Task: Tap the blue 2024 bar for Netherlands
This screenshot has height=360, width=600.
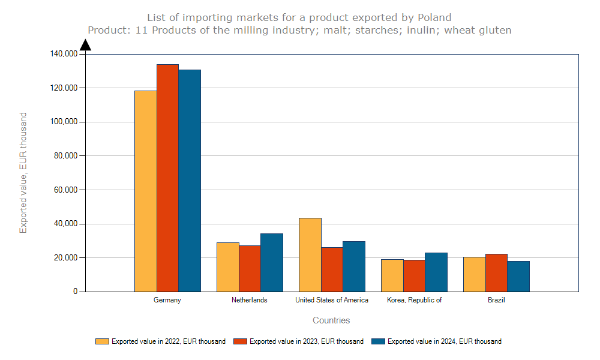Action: point(272,262)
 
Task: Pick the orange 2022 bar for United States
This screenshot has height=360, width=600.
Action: point(310,254)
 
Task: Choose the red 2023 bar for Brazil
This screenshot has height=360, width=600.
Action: point(496,272)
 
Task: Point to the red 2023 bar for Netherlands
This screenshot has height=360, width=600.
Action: point(250,268)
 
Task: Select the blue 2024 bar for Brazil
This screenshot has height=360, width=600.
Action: point(518,276)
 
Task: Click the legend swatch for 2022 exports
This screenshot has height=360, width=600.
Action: point(102,341)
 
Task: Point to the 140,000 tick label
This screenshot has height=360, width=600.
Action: point(64,54)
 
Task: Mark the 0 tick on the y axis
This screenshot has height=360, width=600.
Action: point(75,292)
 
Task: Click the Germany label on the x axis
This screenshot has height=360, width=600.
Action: point(167,300)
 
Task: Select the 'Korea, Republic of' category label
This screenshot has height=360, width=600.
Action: point(414,300)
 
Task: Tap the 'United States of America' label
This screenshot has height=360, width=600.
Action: point(332,300)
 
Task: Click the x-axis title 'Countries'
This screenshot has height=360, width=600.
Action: point(331,320)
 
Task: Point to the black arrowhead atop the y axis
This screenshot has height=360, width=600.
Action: point(85,45)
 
